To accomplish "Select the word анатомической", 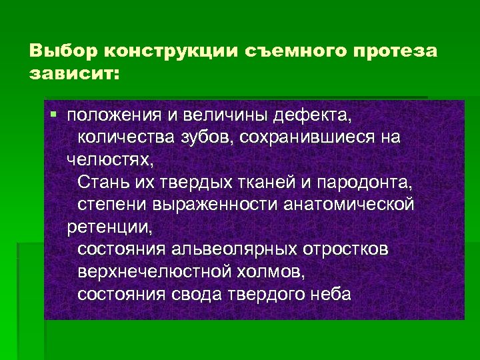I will coord(351,203).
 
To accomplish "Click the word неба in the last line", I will coord(327,293).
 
